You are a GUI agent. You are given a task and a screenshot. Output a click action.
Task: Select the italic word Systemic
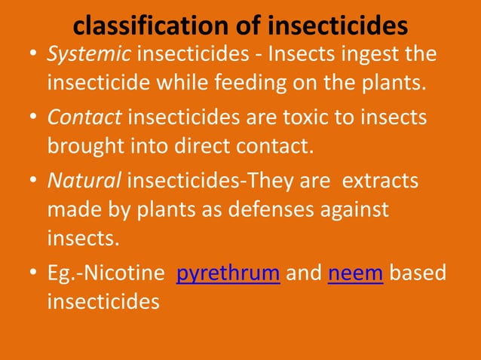89,54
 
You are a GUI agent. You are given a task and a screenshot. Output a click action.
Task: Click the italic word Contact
85,118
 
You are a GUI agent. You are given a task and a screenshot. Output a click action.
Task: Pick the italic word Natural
84,183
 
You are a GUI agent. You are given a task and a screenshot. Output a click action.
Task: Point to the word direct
218,145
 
